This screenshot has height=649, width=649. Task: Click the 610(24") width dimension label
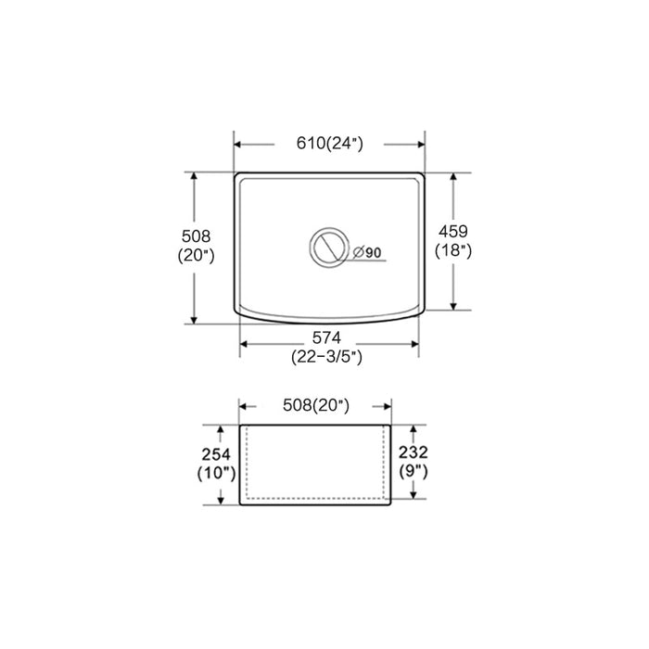pos(328,144)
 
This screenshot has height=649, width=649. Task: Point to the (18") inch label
pos(452,250)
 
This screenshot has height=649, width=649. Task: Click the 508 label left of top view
pos(196,236)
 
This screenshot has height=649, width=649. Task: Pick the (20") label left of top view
pos(196,257)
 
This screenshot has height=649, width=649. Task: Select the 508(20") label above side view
pos(315,405)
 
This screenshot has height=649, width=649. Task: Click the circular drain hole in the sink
pos(327,248)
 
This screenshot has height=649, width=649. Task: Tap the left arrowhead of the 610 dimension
pos(237,144)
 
